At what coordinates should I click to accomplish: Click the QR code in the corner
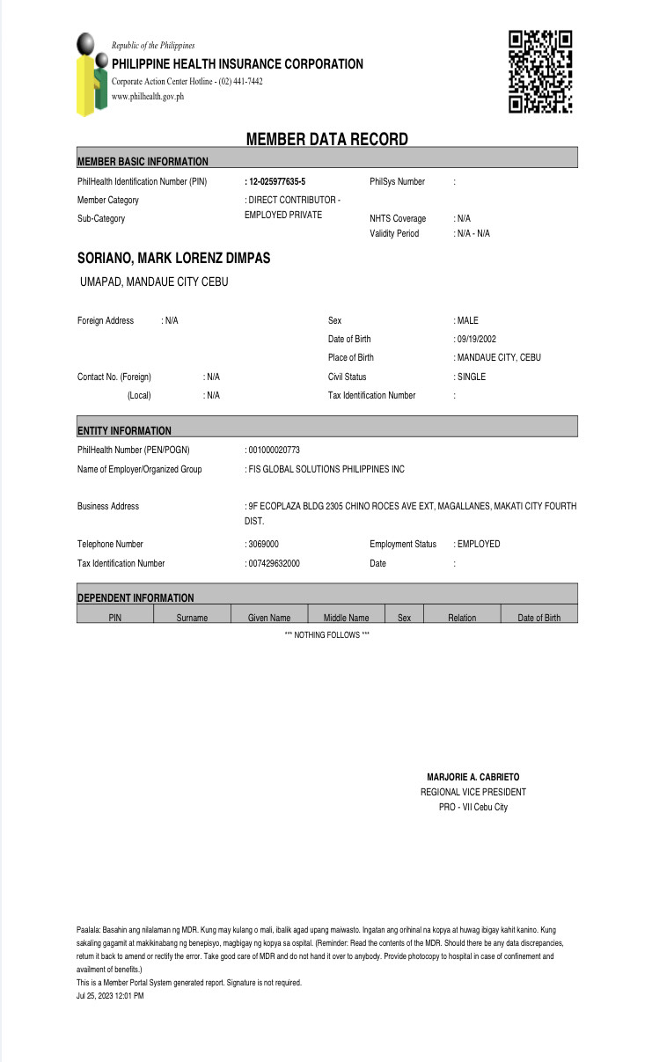[540, 71]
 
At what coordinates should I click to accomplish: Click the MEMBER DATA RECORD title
[326, 139]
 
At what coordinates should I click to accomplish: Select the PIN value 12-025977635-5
[277, 181]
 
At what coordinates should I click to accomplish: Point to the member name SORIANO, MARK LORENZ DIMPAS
[173, 258]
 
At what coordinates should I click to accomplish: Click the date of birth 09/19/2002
[477, 339]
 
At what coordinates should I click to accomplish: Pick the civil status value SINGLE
[472, 377]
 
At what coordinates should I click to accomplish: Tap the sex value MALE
[468, 320]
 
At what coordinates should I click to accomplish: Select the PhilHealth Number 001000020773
[274, 450]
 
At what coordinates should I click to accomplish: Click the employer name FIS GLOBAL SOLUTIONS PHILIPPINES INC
[326, 469]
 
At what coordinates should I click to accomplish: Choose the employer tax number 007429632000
[274, 563]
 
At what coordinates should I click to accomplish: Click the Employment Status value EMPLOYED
[479, 544]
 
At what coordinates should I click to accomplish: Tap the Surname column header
[192, 618]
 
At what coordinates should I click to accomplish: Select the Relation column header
[462, 618]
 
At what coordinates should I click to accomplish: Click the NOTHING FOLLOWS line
[326, 634]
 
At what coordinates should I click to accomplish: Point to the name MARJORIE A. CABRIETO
[473, 777]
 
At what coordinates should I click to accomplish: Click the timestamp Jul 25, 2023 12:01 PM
[110, 996]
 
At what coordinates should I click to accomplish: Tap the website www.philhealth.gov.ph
[148, 97]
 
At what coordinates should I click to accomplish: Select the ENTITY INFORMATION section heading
[124, 430]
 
